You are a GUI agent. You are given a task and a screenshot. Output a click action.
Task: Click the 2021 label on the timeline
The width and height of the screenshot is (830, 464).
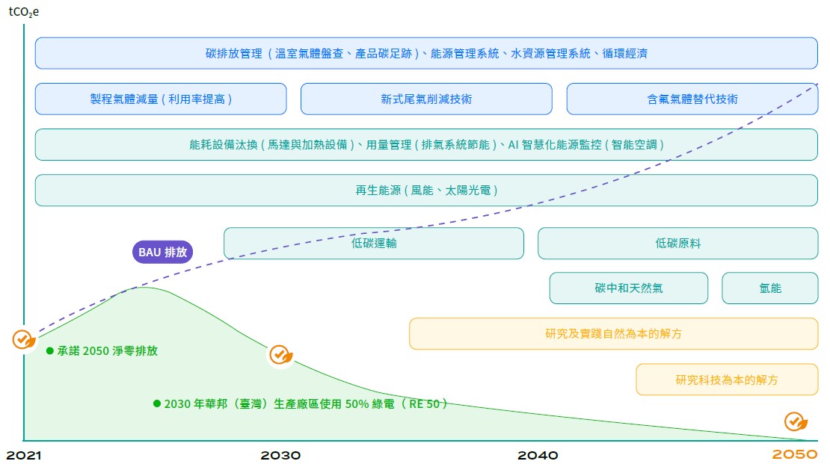tap(23, 455)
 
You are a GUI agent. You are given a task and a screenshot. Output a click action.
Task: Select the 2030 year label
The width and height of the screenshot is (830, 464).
tap(280, 455)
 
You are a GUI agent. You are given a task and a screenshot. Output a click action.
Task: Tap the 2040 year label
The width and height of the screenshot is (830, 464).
tap(538, 455)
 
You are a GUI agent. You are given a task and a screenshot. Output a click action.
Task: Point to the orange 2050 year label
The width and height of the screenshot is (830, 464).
tap(795, 455)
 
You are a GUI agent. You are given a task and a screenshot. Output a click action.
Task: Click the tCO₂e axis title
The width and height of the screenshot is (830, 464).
tap(23, 11)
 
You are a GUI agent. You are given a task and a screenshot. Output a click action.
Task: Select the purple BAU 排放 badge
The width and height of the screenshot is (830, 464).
tap(162, 252)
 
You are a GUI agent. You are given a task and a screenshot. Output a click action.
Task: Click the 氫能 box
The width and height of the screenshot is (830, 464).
tap(769, 288)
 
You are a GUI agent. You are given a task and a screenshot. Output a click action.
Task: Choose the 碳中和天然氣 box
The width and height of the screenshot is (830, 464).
tap(628, 288)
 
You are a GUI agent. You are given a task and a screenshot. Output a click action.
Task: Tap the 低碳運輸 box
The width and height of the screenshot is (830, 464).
tap(374, 243)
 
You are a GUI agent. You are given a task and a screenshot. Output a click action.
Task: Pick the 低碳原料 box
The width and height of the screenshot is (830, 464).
tap(677, 243)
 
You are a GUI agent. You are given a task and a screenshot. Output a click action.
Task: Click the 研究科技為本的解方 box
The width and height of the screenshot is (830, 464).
tap(726, 380)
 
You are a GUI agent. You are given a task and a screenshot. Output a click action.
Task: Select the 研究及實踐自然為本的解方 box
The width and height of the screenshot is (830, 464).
tap(613, 333)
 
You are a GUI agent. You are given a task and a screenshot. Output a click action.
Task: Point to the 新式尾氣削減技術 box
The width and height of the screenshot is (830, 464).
tap(426, 99)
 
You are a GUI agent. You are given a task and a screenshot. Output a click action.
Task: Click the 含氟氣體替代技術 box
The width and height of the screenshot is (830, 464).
tap(692, 99)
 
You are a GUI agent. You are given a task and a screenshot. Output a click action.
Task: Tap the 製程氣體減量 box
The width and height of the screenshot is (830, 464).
tap(161, 99)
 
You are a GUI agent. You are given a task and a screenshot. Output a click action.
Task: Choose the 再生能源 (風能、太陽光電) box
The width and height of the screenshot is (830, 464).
tap(426, 190)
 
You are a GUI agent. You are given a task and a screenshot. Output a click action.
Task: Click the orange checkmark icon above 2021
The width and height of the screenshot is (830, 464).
tap(23, 339)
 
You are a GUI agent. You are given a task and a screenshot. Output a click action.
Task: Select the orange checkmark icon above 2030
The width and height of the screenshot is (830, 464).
tap(280, 354)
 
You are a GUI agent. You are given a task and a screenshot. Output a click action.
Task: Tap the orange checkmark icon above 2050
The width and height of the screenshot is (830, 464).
tap(794, 421)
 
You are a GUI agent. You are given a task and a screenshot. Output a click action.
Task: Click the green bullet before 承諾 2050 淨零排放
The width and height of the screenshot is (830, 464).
tap(50, 350)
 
